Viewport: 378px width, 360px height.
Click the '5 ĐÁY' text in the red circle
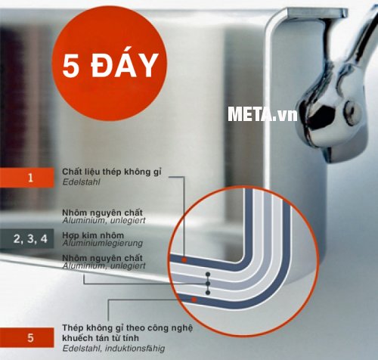tap(110, 66)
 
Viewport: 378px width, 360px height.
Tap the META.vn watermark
tap(262, 114)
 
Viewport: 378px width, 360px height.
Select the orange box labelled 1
tap(27, 178)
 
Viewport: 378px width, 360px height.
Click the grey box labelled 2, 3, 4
tap(27, 238)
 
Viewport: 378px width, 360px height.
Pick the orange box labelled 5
tap(27, 337)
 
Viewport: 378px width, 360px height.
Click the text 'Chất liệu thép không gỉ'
tap(112, 172)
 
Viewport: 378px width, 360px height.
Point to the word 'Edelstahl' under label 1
tap(81, 182)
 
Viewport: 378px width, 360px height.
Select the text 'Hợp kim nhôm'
tap(93, 235)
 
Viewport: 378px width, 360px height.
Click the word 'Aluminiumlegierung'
tap(103, 244)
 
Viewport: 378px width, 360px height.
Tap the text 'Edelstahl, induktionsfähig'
tap(113, 349)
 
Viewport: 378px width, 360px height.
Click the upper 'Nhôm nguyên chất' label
tap(102, 213)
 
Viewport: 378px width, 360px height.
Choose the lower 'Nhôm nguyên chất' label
tap(102, 258)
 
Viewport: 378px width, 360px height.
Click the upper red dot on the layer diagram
tap(184, 260)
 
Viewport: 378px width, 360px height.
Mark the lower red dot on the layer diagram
tap(194, 299)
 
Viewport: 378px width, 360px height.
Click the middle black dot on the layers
tap(208, 284)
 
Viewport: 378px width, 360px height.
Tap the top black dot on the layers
tap(208, 274)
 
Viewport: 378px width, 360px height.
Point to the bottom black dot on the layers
tap(208, 293)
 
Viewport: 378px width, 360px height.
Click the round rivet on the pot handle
tap(353, 113)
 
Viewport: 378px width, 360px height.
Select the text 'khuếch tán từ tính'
tap(101, 338)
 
